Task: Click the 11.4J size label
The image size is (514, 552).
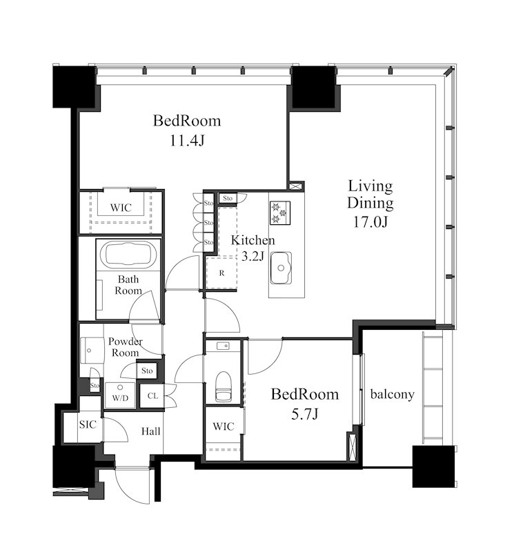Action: (187, 141)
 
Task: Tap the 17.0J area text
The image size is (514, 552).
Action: (370, 221)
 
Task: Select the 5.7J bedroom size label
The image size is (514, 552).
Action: (305, 414)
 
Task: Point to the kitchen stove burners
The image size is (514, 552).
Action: (280, 213)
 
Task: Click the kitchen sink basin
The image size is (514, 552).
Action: (281, 268)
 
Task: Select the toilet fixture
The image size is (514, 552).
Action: (224, 386)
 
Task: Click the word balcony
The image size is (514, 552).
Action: (392, 394)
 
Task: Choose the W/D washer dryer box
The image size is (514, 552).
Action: (120, 395)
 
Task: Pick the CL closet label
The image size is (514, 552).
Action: (152, 395)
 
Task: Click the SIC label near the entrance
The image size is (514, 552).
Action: (88, 424)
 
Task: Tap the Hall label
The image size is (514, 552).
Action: (150, 431)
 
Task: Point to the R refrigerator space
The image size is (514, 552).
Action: (221, 273)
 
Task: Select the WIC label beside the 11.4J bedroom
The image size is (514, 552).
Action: (121, 208)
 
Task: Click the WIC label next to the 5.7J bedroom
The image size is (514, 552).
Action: (224, 426)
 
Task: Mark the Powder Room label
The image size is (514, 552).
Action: (126, 347)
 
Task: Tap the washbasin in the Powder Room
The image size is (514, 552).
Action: (92, 351)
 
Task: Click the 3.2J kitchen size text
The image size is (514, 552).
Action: (253, 256)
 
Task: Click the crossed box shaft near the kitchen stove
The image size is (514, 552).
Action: (296, 186)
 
